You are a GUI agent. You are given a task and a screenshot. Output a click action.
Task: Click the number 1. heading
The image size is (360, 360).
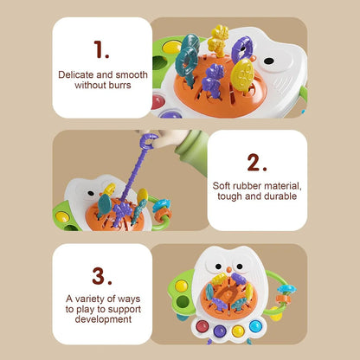click(101, 49)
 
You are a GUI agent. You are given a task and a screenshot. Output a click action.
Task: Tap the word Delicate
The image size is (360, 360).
click(76, 74)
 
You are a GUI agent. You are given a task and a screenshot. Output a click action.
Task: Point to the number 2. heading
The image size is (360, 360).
click(257, 163)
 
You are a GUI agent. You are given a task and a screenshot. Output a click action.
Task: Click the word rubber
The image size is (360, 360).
click(247, 186)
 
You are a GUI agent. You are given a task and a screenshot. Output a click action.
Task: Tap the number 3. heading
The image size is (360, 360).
click(102, 276)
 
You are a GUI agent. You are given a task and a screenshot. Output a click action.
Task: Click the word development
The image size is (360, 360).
click(103, 319)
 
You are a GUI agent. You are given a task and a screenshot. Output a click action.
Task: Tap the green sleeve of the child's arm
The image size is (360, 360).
click(193, 151)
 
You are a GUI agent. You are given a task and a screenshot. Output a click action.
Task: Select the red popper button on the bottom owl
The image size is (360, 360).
click(202, 326)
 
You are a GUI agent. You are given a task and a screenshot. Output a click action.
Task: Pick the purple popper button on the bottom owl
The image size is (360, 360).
click(220, 331)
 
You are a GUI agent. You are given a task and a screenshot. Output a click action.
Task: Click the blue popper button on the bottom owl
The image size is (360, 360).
click(255, 326)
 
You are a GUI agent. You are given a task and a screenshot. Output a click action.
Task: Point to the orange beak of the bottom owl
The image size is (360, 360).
click(228, 270)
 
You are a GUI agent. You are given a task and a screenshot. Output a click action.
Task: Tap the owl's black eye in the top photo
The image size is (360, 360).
click(269, 61)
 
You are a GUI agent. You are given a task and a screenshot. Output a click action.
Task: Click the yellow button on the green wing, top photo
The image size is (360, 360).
click(172, 47)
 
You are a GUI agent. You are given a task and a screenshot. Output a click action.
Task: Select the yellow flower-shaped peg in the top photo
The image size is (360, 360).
click(219, 41)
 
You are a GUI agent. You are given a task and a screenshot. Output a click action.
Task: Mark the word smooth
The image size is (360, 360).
click(132, 74)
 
